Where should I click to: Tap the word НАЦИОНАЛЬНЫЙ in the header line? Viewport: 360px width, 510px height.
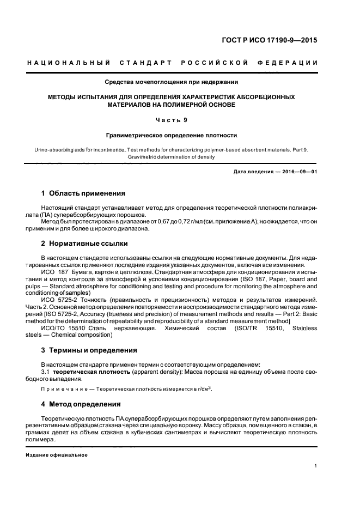point(69,63)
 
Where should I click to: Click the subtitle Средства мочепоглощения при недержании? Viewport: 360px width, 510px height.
point(172,83)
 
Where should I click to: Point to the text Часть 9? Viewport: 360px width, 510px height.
point(172,120)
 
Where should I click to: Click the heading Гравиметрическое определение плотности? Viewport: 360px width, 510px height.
point(172,135)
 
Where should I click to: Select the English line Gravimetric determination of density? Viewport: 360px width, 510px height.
point(172,157)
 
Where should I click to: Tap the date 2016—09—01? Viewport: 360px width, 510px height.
point(296,172)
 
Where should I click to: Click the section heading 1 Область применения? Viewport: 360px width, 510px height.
point(83,193)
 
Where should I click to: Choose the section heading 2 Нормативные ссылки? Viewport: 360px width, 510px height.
point(85,244)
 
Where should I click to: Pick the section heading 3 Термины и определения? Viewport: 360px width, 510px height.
point(89,350)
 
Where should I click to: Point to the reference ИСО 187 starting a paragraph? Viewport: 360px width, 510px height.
point(55,271)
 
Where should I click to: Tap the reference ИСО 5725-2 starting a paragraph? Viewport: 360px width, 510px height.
point(60,299)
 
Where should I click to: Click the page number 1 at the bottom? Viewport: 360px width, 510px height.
point(316,466)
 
